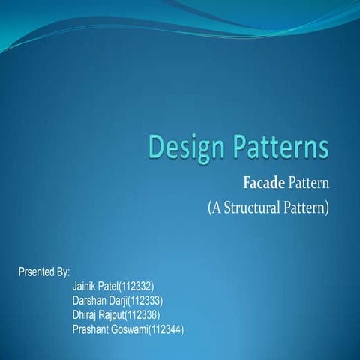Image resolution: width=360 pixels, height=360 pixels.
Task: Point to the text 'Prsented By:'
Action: [43, 271]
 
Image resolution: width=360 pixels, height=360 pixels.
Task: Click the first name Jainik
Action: [85, 286]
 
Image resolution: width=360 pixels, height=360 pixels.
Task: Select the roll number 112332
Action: [138, 286]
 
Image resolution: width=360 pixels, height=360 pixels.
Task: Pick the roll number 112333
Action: [145, 300]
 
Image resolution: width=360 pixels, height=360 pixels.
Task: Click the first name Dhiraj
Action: [85, 314]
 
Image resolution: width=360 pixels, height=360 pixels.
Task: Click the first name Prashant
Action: [91, 328]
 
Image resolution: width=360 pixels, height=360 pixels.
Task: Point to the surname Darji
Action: [118, 300]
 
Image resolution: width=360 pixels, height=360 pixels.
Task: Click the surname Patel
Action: [111, 286]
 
